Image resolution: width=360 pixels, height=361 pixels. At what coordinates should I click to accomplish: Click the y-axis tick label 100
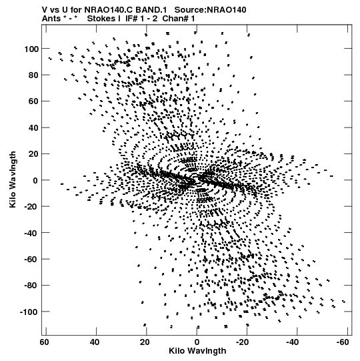point(31,49)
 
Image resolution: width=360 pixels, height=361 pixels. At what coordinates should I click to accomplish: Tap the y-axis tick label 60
point(33,101)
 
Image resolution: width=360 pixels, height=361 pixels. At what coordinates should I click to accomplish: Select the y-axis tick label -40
point(31,234)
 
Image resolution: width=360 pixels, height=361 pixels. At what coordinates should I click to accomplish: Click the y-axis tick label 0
point(35,180)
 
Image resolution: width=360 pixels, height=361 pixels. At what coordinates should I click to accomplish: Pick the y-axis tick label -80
point(31,286)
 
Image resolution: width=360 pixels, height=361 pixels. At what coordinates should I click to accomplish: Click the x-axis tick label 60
point(45,342)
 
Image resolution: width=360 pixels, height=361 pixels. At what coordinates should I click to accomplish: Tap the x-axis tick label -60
point(343,342)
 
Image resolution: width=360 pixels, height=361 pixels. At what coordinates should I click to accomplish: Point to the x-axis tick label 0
point(197,342)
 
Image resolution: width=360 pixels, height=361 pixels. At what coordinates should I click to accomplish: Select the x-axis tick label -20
point(242,342)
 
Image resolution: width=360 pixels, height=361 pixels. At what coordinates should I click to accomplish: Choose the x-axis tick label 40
point(95,342)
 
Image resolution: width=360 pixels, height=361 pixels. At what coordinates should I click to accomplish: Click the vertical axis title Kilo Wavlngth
point(13,179)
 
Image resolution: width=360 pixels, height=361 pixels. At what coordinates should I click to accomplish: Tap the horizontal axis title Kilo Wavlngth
point(197,351)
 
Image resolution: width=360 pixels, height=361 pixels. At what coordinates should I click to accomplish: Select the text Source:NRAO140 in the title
point(210,10)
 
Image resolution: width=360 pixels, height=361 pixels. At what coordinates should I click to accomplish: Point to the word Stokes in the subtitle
point(102,18)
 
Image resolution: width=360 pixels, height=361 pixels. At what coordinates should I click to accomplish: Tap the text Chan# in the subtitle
point(175,18)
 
